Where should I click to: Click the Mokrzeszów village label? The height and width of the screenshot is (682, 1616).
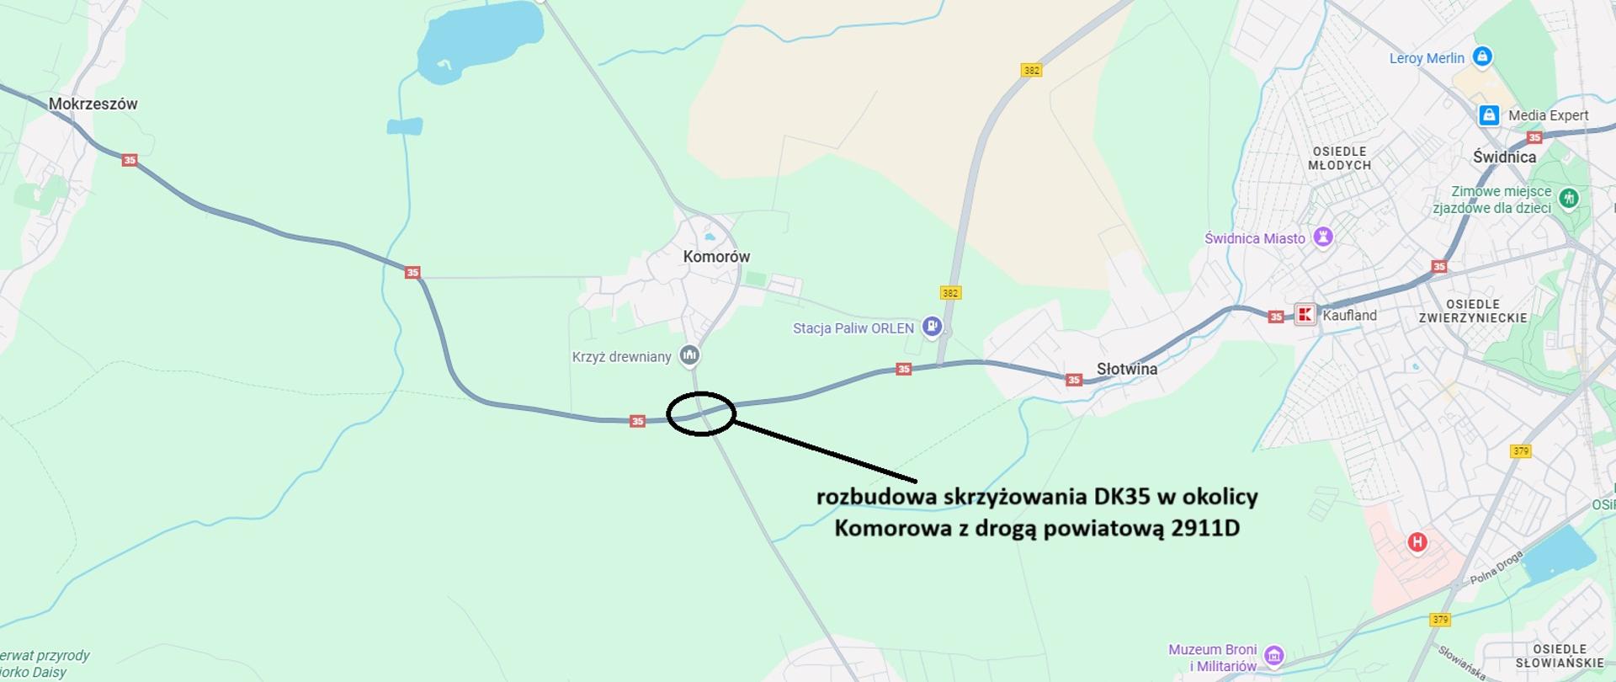[x=93, y=104]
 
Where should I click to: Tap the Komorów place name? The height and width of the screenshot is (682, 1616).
[x=716, y=257]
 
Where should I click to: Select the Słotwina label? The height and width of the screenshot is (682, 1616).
[x=1126, y=369]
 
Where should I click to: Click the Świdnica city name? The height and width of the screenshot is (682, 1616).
[x=1504, y=157]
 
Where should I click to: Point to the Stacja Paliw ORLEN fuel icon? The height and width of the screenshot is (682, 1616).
[x=932, y=327]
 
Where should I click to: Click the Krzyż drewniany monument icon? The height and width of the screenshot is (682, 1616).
[x=690, y=355]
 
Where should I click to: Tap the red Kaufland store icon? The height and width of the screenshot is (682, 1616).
[x=1305, y=315]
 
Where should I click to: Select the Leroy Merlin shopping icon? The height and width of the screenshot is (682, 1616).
[x=1483, y=56]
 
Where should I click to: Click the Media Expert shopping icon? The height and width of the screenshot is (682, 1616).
[x=1488, y=115]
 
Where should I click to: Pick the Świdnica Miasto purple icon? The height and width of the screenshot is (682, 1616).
[x=1323, y=237]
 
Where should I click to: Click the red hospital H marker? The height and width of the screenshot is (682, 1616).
[x=1417, y=541]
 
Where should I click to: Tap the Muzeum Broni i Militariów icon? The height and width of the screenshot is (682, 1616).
[x=1274, y=656]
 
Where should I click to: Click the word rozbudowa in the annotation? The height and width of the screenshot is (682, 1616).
[x=876, y=497]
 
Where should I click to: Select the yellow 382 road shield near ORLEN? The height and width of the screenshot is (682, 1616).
[x=950, y=293]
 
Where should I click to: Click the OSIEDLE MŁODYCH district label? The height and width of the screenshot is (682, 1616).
[x=1339, y=158]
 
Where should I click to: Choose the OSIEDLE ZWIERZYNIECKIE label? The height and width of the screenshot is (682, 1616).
[x=1472, y=311]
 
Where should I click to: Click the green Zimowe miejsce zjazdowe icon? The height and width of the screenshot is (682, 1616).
[x=1568, y=199]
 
